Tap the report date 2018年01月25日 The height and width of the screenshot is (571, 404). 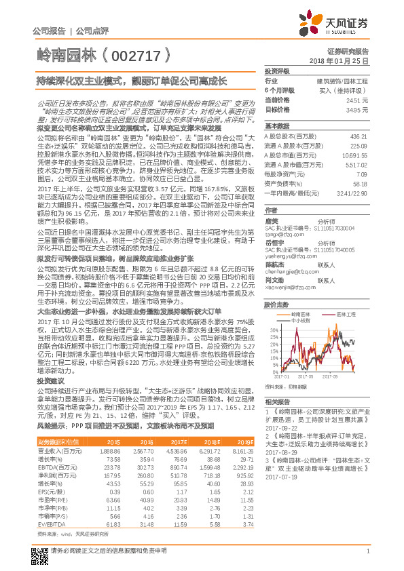click(344, 60)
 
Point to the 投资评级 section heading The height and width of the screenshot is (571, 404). click(277, 71)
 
